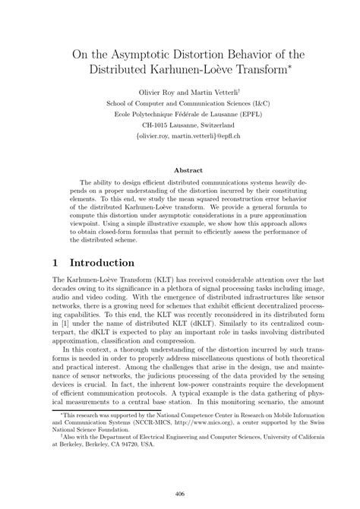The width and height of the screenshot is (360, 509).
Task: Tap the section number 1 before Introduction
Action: pos(55,264)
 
